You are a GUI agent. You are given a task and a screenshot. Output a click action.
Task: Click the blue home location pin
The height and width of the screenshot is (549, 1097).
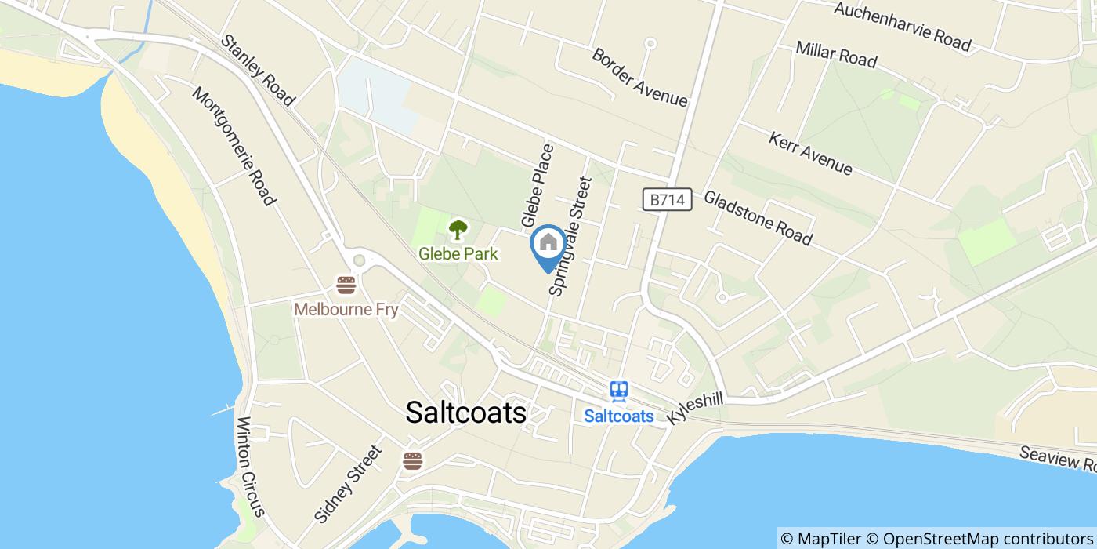(548, 243)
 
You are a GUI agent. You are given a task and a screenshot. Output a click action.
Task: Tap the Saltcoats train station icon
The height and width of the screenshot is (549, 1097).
(619, 390)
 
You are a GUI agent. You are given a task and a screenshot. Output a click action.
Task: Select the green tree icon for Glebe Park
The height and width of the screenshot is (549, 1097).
(458, 230)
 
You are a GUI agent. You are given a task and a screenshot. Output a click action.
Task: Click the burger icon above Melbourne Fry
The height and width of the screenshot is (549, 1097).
(346, 285)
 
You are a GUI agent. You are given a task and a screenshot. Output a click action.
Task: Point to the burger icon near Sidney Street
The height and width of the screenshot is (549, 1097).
(413, 460)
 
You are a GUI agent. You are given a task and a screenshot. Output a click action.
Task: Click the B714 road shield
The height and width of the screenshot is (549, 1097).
(668, 200)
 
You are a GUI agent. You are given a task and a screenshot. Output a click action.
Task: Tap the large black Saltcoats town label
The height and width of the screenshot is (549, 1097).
(466, 413)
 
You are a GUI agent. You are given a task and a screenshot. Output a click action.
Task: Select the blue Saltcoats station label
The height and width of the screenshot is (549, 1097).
(619, 416)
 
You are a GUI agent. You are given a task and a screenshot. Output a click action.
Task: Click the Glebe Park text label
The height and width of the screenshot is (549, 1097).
(458, 253)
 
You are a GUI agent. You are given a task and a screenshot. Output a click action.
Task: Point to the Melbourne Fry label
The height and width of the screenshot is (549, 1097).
(346, 310)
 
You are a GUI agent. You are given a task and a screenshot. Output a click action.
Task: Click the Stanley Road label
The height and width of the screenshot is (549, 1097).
(257, 70)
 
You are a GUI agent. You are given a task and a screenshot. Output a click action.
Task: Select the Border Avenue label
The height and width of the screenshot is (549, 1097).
(639, 78)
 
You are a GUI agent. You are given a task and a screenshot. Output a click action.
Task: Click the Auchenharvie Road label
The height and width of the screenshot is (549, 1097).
(902, 26)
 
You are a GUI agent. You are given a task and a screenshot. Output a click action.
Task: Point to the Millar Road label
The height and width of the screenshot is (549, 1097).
(835, 54)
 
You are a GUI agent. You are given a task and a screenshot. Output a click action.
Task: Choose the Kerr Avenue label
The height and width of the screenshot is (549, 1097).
(810, 153)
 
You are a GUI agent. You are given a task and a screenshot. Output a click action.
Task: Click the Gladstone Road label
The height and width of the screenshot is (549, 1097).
(758, 218)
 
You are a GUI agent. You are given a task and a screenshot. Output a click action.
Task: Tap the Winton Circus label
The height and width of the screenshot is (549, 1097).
(252, 466)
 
